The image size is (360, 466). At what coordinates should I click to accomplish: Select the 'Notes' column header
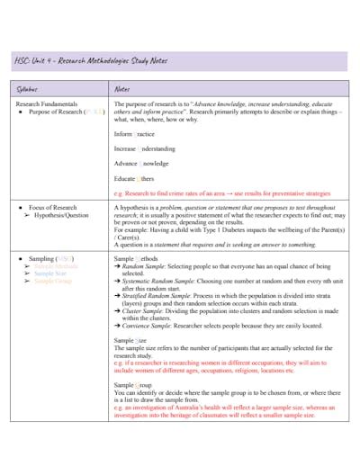(x=123, y=89)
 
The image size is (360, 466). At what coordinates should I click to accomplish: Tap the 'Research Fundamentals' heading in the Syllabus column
(x=52, y=104)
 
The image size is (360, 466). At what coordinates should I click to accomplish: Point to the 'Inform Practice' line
(x=134, y=132)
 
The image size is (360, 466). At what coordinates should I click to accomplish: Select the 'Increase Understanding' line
(x=144, y=148)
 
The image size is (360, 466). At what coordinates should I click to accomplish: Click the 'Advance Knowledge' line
(x=140, y=163)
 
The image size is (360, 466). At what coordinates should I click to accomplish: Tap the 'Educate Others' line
(x=135, y=178)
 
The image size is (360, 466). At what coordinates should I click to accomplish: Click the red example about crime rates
(x=221, y=193)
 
